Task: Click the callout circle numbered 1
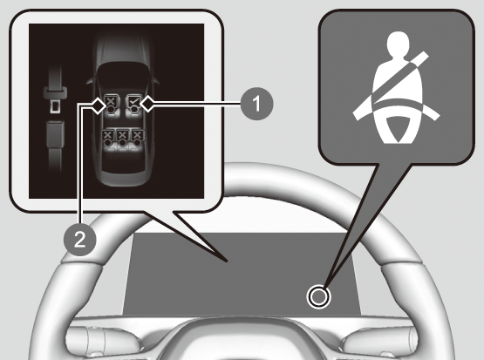pos(256,104)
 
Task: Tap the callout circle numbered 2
pos(80,240)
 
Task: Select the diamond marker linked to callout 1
pos(147,104)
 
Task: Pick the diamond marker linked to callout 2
pos(99,106)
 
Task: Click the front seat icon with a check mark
pos(134,105)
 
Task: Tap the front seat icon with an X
pos(110,105)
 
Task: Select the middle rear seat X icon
pos(123,138)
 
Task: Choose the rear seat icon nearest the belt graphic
pos(107,138)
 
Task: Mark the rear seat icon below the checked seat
pos(138,138)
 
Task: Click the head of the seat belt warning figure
pos(398,44)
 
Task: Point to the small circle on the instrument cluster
pos(318,296)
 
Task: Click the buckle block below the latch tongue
pos(55,133)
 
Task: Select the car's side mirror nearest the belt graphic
pos(89,80)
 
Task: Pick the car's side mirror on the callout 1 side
pos(156,80)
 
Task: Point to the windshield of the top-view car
pos(123,71)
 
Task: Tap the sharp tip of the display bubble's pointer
pos(227,262)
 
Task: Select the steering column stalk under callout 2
pos(99,342)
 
